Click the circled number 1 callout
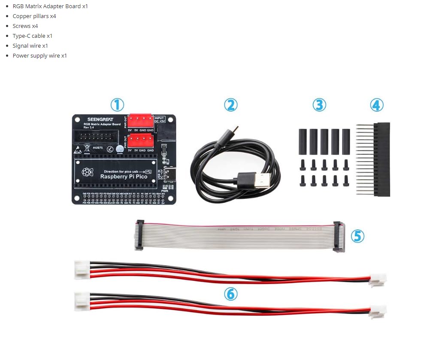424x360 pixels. point(117,105)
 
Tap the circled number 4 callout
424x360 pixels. point(376,105)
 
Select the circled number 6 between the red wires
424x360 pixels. point(230,294)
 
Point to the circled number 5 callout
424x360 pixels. point(357,235)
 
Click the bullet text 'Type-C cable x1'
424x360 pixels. point(33,36)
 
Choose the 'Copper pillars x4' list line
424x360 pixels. point(34,16)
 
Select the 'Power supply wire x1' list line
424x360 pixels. point(39,55)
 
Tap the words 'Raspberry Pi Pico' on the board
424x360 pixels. point(124,177)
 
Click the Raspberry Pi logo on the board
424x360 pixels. point(88,172)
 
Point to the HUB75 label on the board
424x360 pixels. point(97,148)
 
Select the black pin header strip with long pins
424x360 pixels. point(381,159)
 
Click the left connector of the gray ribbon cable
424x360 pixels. point(139,235)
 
